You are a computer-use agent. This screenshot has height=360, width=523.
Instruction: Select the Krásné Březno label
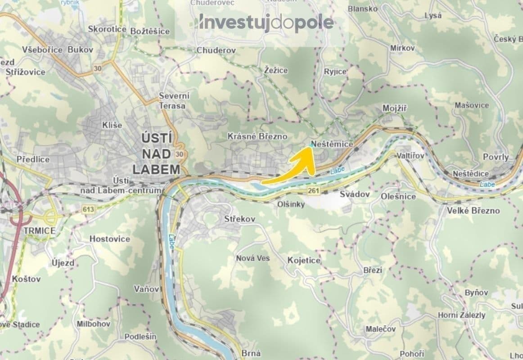click(257, 136)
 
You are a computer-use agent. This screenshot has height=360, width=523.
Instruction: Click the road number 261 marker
click(314, 192)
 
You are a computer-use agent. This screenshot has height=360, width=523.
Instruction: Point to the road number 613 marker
click(88, 209)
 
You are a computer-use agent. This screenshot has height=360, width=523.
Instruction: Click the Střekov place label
click(240, 219)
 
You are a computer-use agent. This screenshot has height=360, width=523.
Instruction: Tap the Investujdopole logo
click(266, 22)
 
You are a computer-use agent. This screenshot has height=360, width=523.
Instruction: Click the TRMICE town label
click(40, 230)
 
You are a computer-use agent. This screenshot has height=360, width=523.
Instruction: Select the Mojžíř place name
click(394, 108)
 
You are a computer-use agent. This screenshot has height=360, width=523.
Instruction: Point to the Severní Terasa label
click(174, 101)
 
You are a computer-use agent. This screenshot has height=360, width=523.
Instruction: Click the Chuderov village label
click(216, 50)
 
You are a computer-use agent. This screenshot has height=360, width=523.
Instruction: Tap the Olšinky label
click(291, 204)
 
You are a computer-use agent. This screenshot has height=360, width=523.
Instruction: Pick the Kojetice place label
click(304, 261)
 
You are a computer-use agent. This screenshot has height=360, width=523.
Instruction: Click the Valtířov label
click(410, 155)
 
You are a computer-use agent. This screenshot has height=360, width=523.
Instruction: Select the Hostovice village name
click(110, 239)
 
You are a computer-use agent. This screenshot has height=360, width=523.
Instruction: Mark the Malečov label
click(381, 329)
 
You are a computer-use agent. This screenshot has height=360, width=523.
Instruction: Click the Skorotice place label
click(107, 29)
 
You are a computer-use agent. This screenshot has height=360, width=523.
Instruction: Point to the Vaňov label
click(147, 288)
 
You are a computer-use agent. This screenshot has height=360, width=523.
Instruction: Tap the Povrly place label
click(496, 157)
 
